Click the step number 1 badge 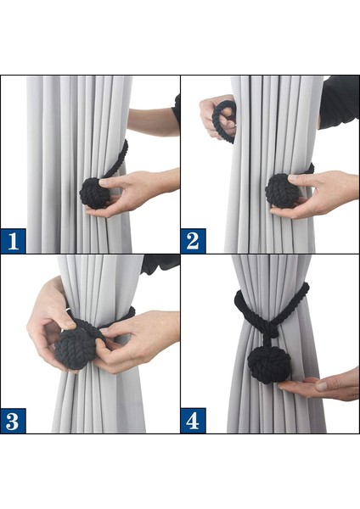(x=13, y=241)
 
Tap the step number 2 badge (x=193, y=241)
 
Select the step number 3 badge (x=13, y=421)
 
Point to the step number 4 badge (x=193, y=421)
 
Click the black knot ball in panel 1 (x=94, y=193)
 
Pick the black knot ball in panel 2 (x=281, y=191)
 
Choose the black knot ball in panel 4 (x=269, y=365)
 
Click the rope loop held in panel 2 (x=224, y=120)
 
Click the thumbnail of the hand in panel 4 (x=321, y=386)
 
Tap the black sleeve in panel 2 (x=339, y=102)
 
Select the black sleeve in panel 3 (x=160, y=264)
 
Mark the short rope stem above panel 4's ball (x=268, y=340)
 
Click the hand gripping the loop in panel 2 (x=217, y=117)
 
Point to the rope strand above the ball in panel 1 (x=116, y=159)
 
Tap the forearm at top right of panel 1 (x=154, y=122)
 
